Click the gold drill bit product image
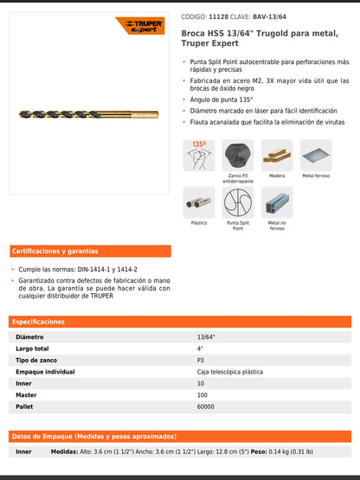[x=87, y=114]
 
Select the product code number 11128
[x=219, y=16]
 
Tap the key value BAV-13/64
[x=270, y=16]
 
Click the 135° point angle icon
[x=199, y=155]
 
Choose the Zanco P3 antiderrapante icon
[x=238, y=156]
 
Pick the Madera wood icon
[x=277, y=156]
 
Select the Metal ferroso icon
[x=316, y=156]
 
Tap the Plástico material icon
[x=199, y=202]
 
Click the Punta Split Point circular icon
[x=238, y=202]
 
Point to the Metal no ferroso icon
[x=277, y=202]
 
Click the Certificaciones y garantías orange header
[x=55, y=251]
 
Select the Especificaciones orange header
[x=39, y=321]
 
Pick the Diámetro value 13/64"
[x=206, y=336]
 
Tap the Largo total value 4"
[x=200, y=349]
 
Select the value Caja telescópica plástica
[x=229, y=371]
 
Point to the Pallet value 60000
[x=206, y=406]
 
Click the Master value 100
[x=202, y=394]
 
